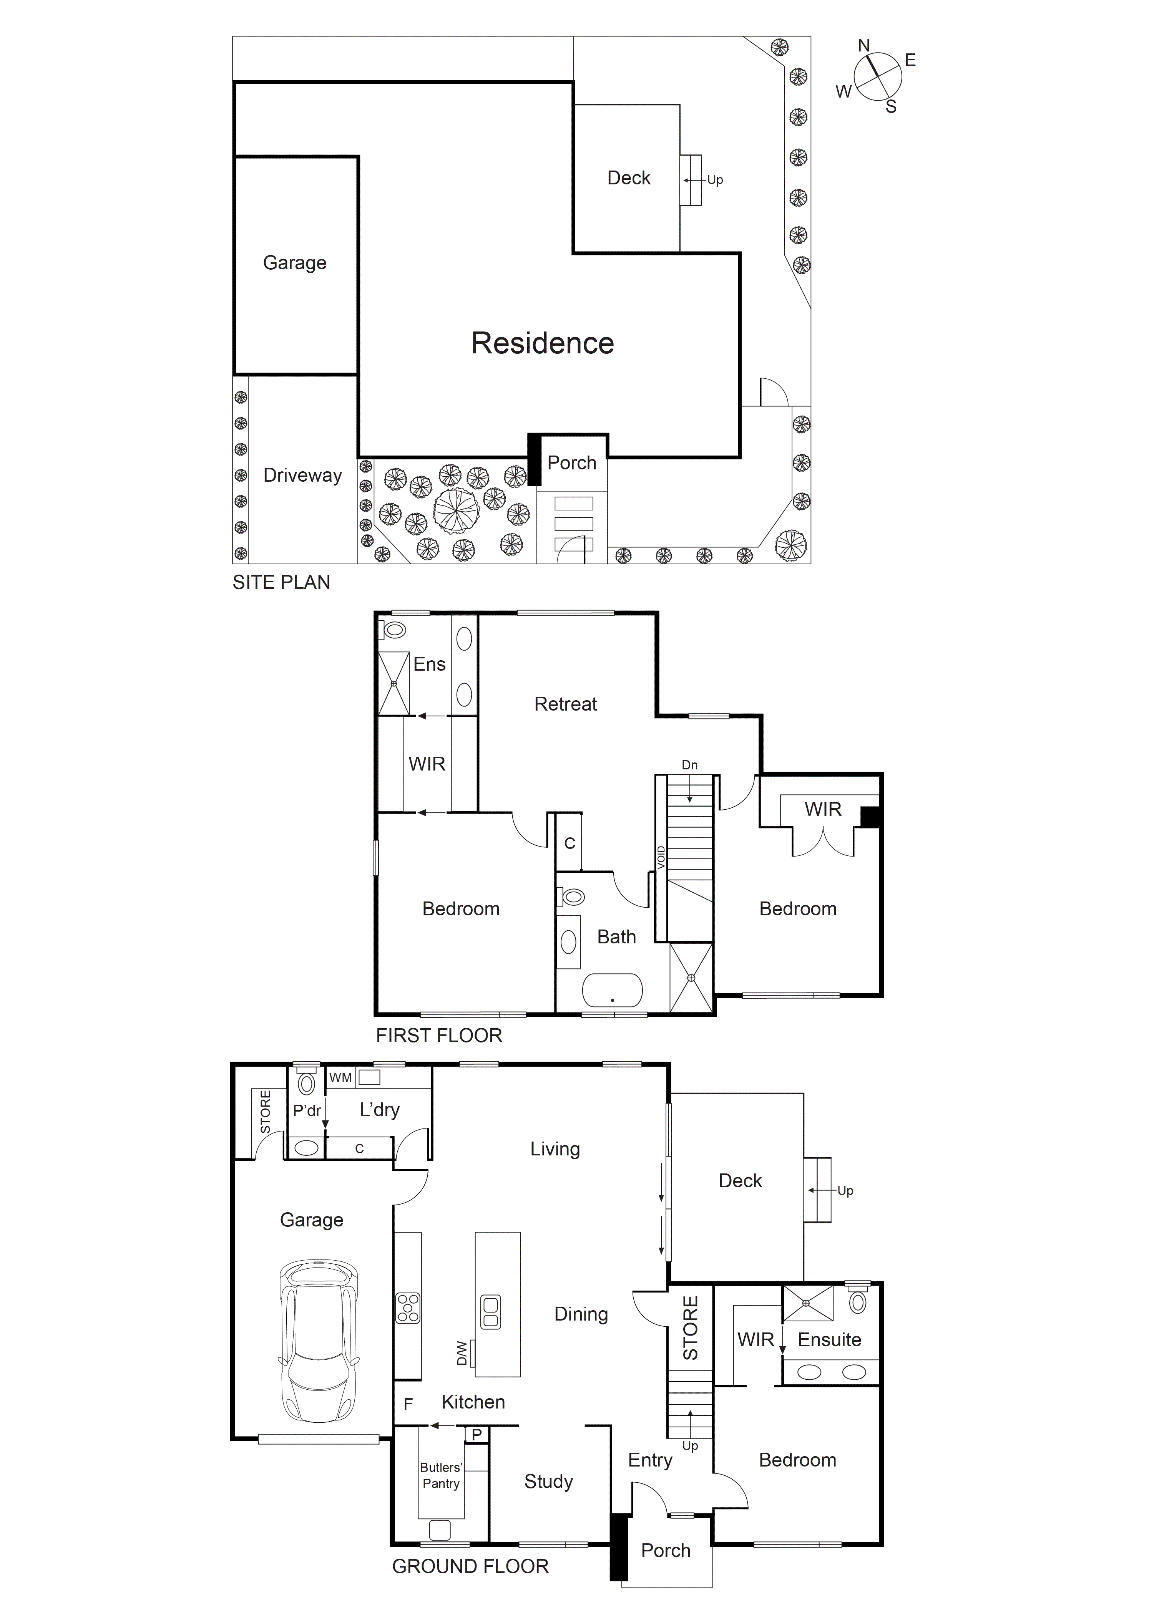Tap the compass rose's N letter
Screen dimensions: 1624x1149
(x=864, y=46)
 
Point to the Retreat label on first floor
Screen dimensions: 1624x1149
(x=565, y=704)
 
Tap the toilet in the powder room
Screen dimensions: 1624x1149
(x=306, y=1083)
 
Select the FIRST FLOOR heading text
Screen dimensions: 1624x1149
(x=439, y=1036)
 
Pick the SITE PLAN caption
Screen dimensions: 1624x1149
(x=281, y=582)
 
